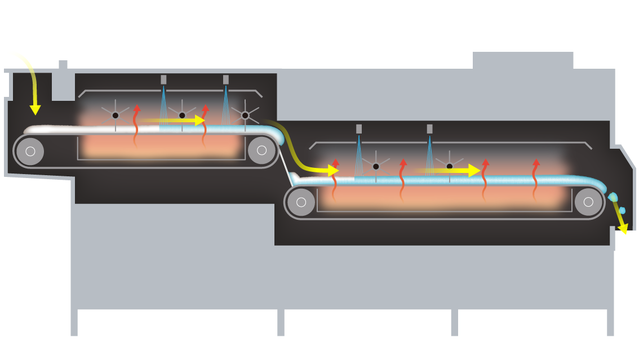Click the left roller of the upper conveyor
coord(30,151)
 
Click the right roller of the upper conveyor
coord(261,150)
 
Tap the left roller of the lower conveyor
coord(301,202)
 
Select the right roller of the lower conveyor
coord(588,202)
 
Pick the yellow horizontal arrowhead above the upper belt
coord(200,120)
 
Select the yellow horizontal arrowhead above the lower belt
coord(474,170)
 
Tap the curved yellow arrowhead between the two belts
coord(334,170)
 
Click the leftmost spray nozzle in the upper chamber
coord(163,79)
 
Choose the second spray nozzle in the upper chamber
coord(226,79)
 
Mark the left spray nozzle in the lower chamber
coord(359,128)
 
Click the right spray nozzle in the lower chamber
coord(429,128)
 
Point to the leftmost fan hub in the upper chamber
coord(116,115)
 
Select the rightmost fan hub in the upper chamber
coord(245,115)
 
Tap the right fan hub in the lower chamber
coord(449,167)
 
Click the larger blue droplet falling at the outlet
coord(613,197)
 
